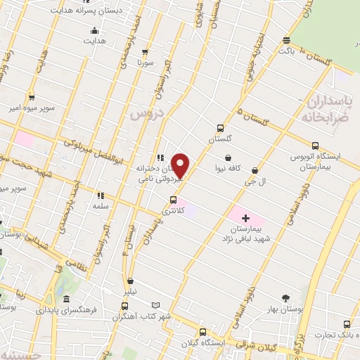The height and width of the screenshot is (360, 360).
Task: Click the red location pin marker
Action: [x=181, y=166]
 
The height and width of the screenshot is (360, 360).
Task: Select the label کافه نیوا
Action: [x=229, y=169]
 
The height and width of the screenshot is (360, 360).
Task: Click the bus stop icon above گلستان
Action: [x=221, y=128]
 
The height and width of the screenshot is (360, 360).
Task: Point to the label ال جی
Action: [x=255, y=181]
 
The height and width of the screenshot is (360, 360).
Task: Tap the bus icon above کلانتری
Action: [x=174, y=200]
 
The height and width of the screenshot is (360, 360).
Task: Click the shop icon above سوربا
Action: [x=145, y=52]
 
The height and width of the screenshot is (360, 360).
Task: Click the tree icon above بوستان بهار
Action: [x=285, y=298]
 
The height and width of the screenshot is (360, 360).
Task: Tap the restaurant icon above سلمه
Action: [x=100, y=195]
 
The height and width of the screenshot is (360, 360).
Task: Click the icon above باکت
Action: [x=285, y=40]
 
